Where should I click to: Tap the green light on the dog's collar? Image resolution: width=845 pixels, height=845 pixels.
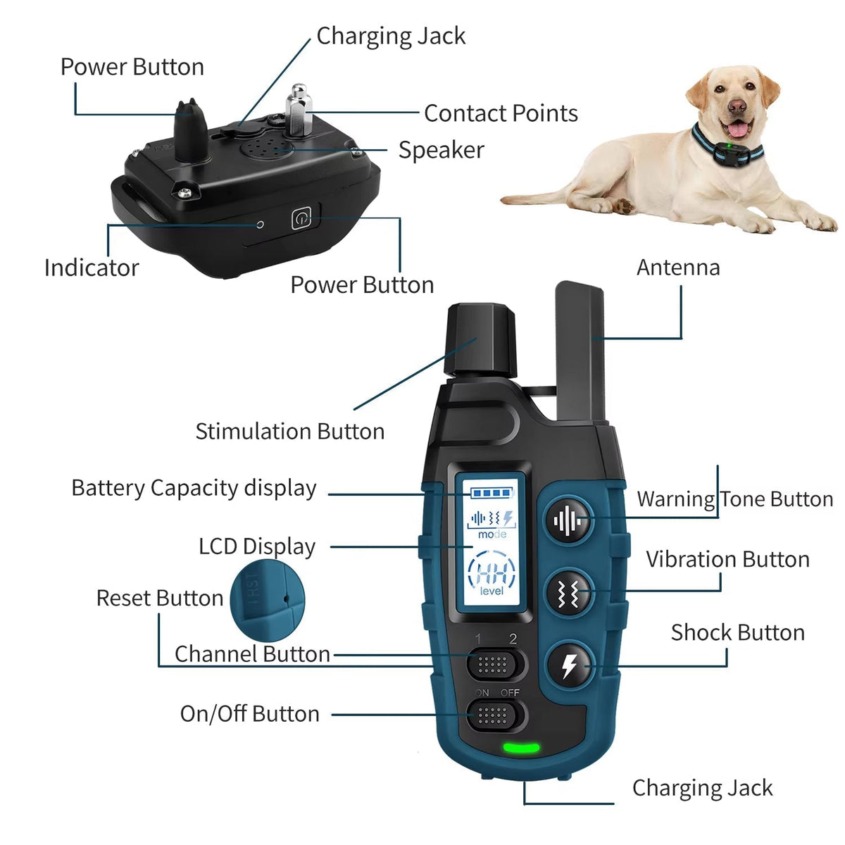pos(728,145)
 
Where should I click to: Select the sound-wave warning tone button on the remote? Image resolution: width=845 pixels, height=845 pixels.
pos(568,520)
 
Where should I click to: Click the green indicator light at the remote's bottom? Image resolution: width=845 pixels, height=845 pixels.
pos(521,747)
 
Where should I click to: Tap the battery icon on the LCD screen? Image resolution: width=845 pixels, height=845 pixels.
pos(492,494)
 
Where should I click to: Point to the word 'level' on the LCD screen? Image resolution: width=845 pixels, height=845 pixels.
pos(492,591)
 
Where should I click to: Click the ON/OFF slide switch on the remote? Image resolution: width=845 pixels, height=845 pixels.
pos(496,715)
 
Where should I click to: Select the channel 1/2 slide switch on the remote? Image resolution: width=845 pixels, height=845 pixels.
pos(496,665)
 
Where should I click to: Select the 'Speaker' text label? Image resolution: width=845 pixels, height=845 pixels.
pos(441,151)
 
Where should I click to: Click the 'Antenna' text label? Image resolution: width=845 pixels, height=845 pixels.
pos(678,267)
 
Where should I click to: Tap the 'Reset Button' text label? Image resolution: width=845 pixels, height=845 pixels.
pos(160,598)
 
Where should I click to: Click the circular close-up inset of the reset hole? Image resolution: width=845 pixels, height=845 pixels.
pos(267,601)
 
